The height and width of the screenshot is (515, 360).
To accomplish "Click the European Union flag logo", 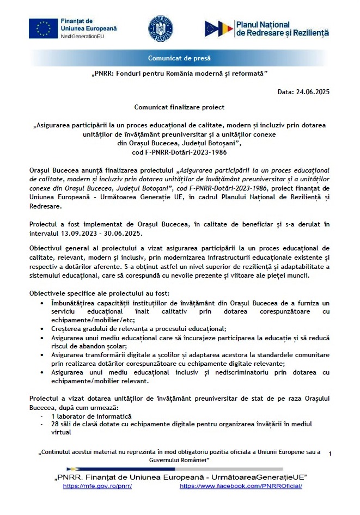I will click(x=44, y=28).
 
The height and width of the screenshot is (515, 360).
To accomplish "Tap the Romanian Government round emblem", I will click(x=161, y=28).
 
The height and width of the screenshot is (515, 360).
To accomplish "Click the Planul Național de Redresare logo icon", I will click(x=218, y=29).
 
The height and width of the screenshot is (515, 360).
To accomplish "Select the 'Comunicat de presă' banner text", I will click(x=179, y=58).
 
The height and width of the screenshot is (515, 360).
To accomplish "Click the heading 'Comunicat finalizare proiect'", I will click(x=179, y=108).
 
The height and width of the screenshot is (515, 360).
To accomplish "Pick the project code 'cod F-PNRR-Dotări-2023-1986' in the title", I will click(x=179, y=152).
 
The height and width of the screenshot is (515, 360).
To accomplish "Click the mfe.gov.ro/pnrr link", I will click(x=97, y=486).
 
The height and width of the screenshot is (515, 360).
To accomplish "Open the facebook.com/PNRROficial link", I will click(x=241, y=486).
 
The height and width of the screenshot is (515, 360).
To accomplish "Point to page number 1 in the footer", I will click(x=330, y=453).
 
